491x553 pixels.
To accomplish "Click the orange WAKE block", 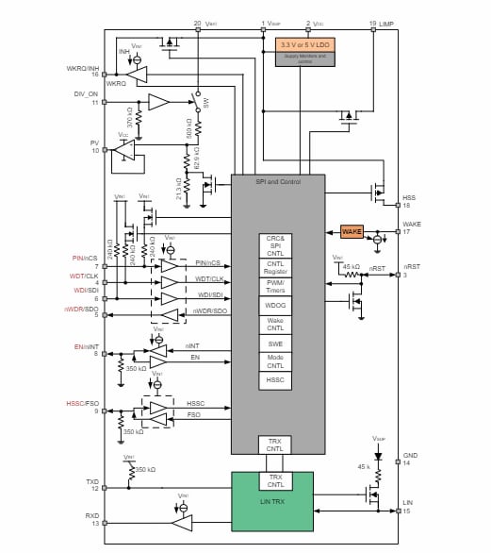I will click(352, 232).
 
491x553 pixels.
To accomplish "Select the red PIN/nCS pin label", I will click(84, 258).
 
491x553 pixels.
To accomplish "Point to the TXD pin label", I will click(92, 482).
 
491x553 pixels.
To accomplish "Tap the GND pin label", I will click(410, 455).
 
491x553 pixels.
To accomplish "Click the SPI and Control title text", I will click(277, 181).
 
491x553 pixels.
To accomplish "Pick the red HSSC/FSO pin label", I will click(80, 404).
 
